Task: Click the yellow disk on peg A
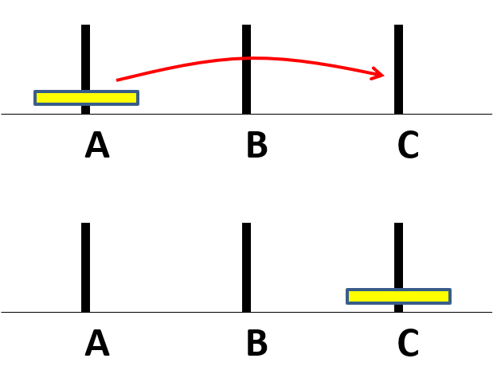(87, 98)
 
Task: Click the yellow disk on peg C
(399, 296)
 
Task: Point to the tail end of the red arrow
(116, 80)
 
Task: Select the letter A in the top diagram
(97, 145)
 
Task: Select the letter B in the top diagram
(257, 145)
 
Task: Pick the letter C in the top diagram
(408, 145)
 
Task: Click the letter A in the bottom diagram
(97, 342)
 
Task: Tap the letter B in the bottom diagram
(257, 342)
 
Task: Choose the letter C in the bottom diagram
(408, 342)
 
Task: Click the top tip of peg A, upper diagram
(85, 25)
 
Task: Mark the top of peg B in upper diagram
(247, 25)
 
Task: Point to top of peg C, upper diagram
(399, 25)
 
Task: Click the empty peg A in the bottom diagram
(85, 267)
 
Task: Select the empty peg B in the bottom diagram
(247, 267)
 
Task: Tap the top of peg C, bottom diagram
(399, 223)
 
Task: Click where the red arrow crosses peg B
(247, 58)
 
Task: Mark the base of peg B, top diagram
(247, 114)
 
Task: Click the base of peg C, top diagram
(399, 114)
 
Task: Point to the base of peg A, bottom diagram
(85, 312)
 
